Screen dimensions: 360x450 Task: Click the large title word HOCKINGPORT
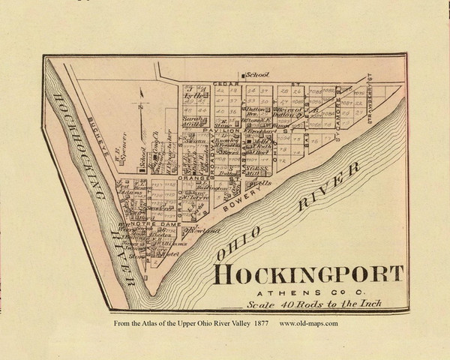[x=309, y=275]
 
